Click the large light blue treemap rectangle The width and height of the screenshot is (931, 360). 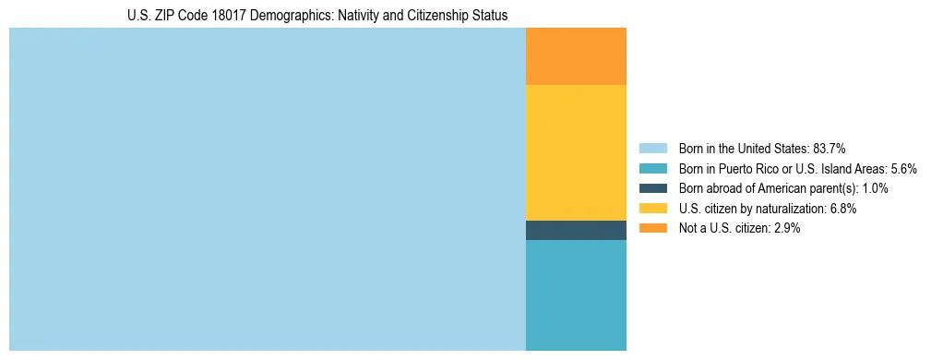click(267, 189)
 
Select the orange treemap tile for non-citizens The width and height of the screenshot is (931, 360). click(576, 56)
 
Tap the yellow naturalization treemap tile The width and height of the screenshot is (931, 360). click(576, 152)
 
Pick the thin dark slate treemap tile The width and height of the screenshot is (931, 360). click(576, 230)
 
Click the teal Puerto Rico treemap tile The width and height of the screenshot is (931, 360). click(576, 295)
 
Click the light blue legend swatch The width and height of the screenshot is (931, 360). click(652, 148)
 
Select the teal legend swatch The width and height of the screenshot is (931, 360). click(652, 168)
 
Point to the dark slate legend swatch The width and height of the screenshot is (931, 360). click(652, 188)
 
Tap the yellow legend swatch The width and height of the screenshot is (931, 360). click(652, 209)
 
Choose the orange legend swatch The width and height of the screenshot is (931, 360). click(652, 228)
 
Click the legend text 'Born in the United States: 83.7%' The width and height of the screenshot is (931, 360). click(762, 148)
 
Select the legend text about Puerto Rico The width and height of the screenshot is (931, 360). click(797, 168)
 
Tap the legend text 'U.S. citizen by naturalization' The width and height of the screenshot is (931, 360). click(753, 209)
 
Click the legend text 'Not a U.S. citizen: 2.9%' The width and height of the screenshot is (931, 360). click(739, 228)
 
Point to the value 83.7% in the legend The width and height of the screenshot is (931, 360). click(830, 148)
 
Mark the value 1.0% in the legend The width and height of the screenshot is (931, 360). click(874, 188)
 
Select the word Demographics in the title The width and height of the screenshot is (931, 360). click(280, 16)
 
